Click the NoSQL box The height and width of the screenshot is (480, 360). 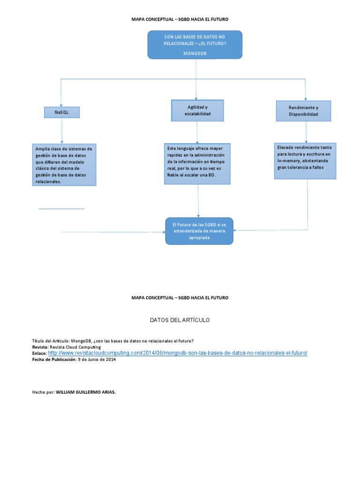(62, 112)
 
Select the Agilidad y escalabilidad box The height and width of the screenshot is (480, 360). (197, 111)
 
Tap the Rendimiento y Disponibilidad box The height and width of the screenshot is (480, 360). (303, 111)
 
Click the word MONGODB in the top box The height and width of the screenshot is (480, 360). (195, 53)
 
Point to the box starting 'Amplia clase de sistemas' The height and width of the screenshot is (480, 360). (64, 165)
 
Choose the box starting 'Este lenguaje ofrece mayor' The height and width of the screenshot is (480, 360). (197, 164)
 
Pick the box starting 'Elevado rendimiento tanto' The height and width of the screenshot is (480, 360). (305, 161)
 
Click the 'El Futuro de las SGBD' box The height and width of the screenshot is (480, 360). (199, 231)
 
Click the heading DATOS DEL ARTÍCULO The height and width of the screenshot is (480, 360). (180, 320)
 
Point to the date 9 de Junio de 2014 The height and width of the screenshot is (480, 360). (96, 360)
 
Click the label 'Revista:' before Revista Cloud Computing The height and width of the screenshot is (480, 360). (41, 347)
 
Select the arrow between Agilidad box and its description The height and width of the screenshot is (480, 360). (197, 132)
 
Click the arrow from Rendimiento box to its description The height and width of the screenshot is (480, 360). (306, 132)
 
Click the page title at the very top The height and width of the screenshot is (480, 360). (180, 19)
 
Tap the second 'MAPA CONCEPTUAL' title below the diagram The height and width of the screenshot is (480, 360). (180, 298)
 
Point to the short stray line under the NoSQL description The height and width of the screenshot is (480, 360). (61, 209)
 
